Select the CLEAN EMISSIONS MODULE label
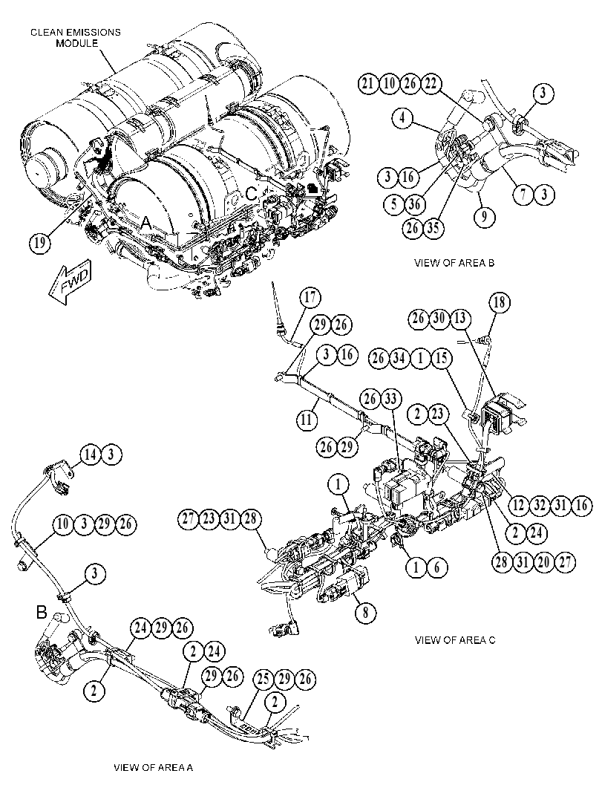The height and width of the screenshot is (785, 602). [x=76, y=38]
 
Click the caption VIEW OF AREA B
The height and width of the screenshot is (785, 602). [x=454, y=263]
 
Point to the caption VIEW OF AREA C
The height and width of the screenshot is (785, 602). [x=455, y=640]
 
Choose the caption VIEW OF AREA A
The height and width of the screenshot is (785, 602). [x=153, y=768]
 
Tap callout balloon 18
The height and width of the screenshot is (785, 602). [x=500, y=302]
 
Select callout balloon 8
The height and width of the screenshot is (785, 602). [x=366, y=612]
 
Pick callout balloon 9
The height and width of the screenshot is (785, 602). [x=485, y=218]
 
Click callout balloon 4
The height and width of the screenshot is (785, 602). [x=403, y=119]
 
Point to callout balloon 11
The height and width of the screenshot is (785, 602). [x=307, y=419]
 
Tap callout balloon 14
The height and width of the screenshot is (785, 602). [x=91, y=455]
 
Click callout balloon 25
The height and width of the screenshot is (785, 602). [x=264, y=680]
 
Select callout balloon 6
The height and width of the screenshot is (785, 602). [x=437, y=567]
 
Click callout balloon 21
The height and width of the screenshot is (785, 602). [x=368, y=83]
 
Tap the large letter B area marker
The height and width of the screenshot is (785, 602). [x=42, y=612]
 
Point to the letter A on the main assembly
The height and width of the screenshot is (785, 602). [x=145, y=224]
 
